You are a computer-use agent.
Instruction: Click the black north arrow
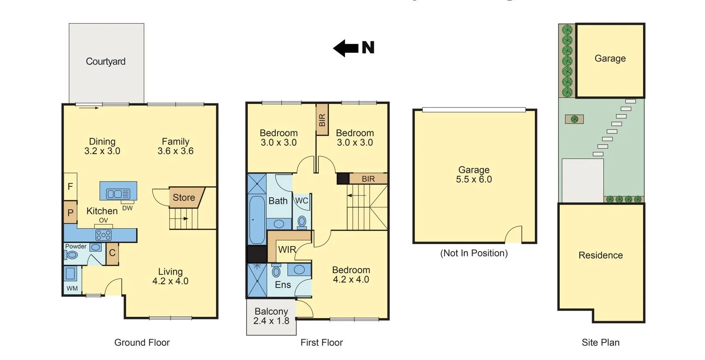pyautogui.click(x=346, y=48)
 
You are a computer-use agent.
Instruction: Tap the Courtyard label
pyautogui.click(x=106, y=62)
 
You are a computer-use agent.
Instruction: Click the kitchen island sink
pyautogui.click(x=118, y=193)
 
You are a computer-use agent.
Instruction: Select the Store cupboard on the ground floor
pyautogui.click(x=184, y=197)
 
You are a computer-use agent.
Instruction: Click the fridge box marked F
pyautogui.click(x=70, y=186)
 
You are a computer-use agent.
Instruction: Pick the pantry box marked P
pyautogui.click(x=70, y=213)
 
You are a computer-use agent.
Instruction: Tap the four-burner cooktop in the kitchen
pyautogui.click(x=103, y=236)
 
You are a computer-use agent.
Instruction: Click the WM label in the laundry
pyautogui.click(x=72, y=288)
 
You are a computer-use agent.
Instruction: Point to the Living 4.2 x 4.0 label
pyautogui.click(x=170, y=276)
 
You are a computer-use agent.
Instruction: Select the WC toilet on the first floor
pyautogui.click(x=302, y=222)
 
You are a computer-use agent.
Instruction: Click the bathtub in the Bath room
pyautogui.click(x=257, y=219)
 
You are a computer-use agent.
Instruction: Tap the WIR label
pyautogui.click(x=287, y=250)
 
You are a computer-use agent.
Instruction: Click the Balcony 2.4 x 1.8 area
pyautogui.click(x=271, y=316)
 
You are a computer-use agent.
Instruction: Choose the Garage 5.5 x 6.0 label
pyautogui.click(x=474, y=175)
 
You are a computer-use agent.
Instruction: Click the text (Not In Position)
pyautogui.click(x=474, y=253)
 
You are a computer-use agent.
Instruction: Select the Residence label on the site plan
pyautogui.click(x=600, y=255)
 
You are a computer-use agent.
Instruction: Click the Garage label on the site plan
pyautogui.click(x=610, y=58)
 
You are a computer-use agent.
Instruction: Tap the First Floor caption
pyautogui.click(x=322, y=343)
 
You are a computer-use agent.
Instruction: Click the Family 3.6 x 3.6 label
pyautogui.click(x=175, y=146)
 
